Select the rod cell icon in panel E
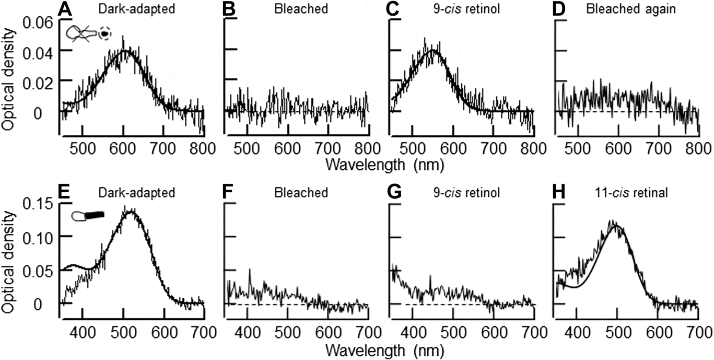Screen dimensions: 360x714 (x=88, y=215)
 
